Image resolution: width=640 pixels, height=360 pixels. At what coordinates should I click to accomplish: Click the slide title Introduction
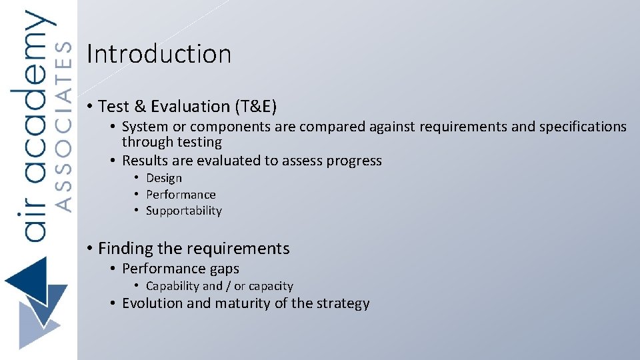click(159, 54)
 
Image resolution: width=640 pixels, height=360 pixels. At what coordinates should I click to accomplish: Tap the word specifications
click(581, 127)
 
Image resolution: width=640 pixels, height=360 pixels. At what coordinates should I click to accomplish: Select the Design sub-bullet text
click(163, 178)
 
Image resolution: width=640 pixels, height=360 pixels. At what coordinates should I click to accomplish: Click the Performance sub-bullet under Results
click(181, 195)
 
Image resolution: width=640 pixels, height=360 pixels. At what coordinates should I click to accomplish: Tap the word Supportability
click(183, 211)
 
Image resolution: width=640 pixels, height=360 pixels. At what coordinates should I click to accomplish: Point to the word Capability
click(173, 286)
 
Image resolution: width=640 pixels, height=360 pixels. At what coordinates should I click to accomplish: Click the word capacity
click(270, 287)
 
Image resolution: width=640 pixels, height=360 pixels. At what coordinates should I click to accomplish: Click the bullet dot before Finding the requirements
click(89, 249)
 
